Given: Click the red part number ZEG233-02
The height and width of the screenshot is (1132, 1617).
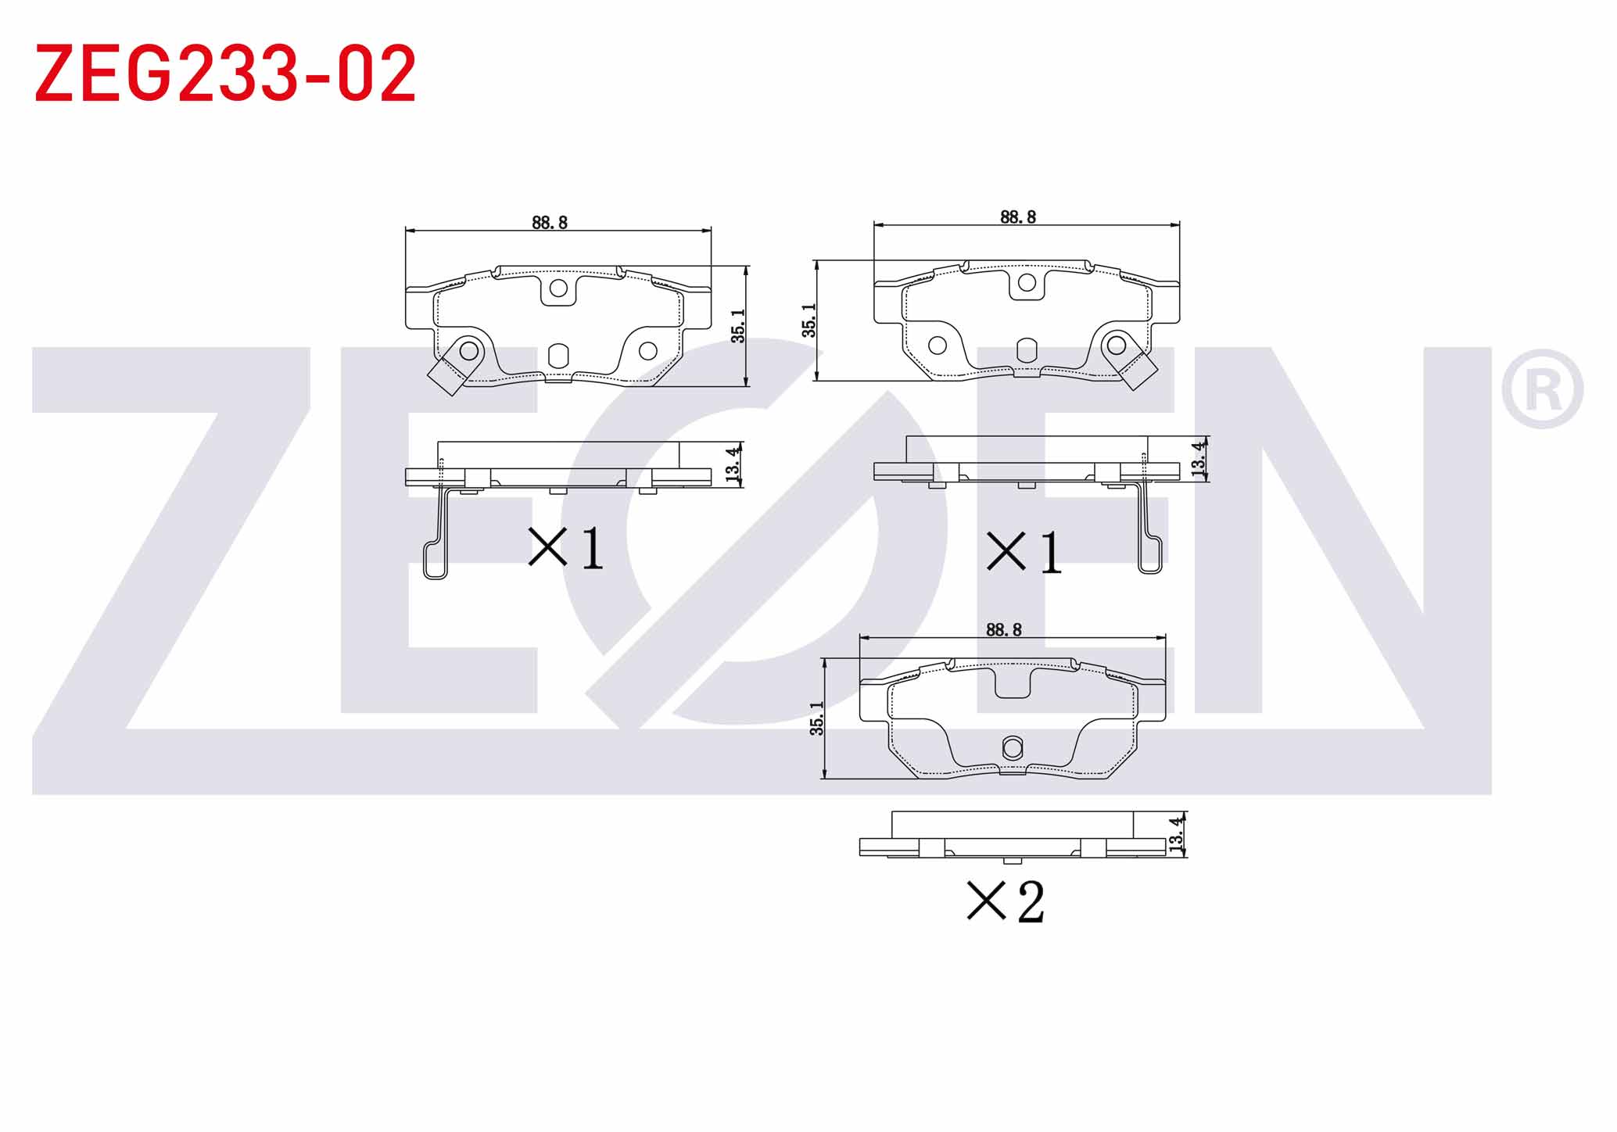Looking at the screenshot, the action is pos(225,73).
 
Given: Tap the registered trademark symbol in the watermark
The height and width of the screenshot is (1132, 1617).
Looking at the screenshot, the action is pos(1542,389).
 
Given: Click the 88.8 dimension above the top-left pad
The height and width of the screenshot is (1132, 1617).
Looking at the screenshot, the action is pos(550,223).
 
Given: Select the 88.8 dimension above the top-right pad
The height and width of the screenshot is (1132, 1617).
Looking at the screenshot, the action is pos(1018,217).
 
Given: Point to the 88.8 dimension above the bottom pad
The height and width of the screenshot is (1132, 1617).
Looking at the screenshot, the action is pos(1004,629).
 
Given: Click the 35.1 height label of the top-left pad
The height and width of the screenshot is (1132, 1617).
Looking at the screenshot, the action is pos(738,326).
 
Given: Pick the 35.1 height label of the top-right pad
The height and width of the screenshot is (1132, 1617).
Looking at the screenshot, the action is pos(809,321).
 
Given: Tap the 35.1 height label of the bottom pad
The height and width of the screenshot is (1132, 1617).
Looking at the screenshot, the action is pos(817,718).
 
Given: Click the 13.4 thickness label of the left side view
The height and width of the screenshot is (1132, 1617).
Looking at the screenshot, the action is pos(733,464).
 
